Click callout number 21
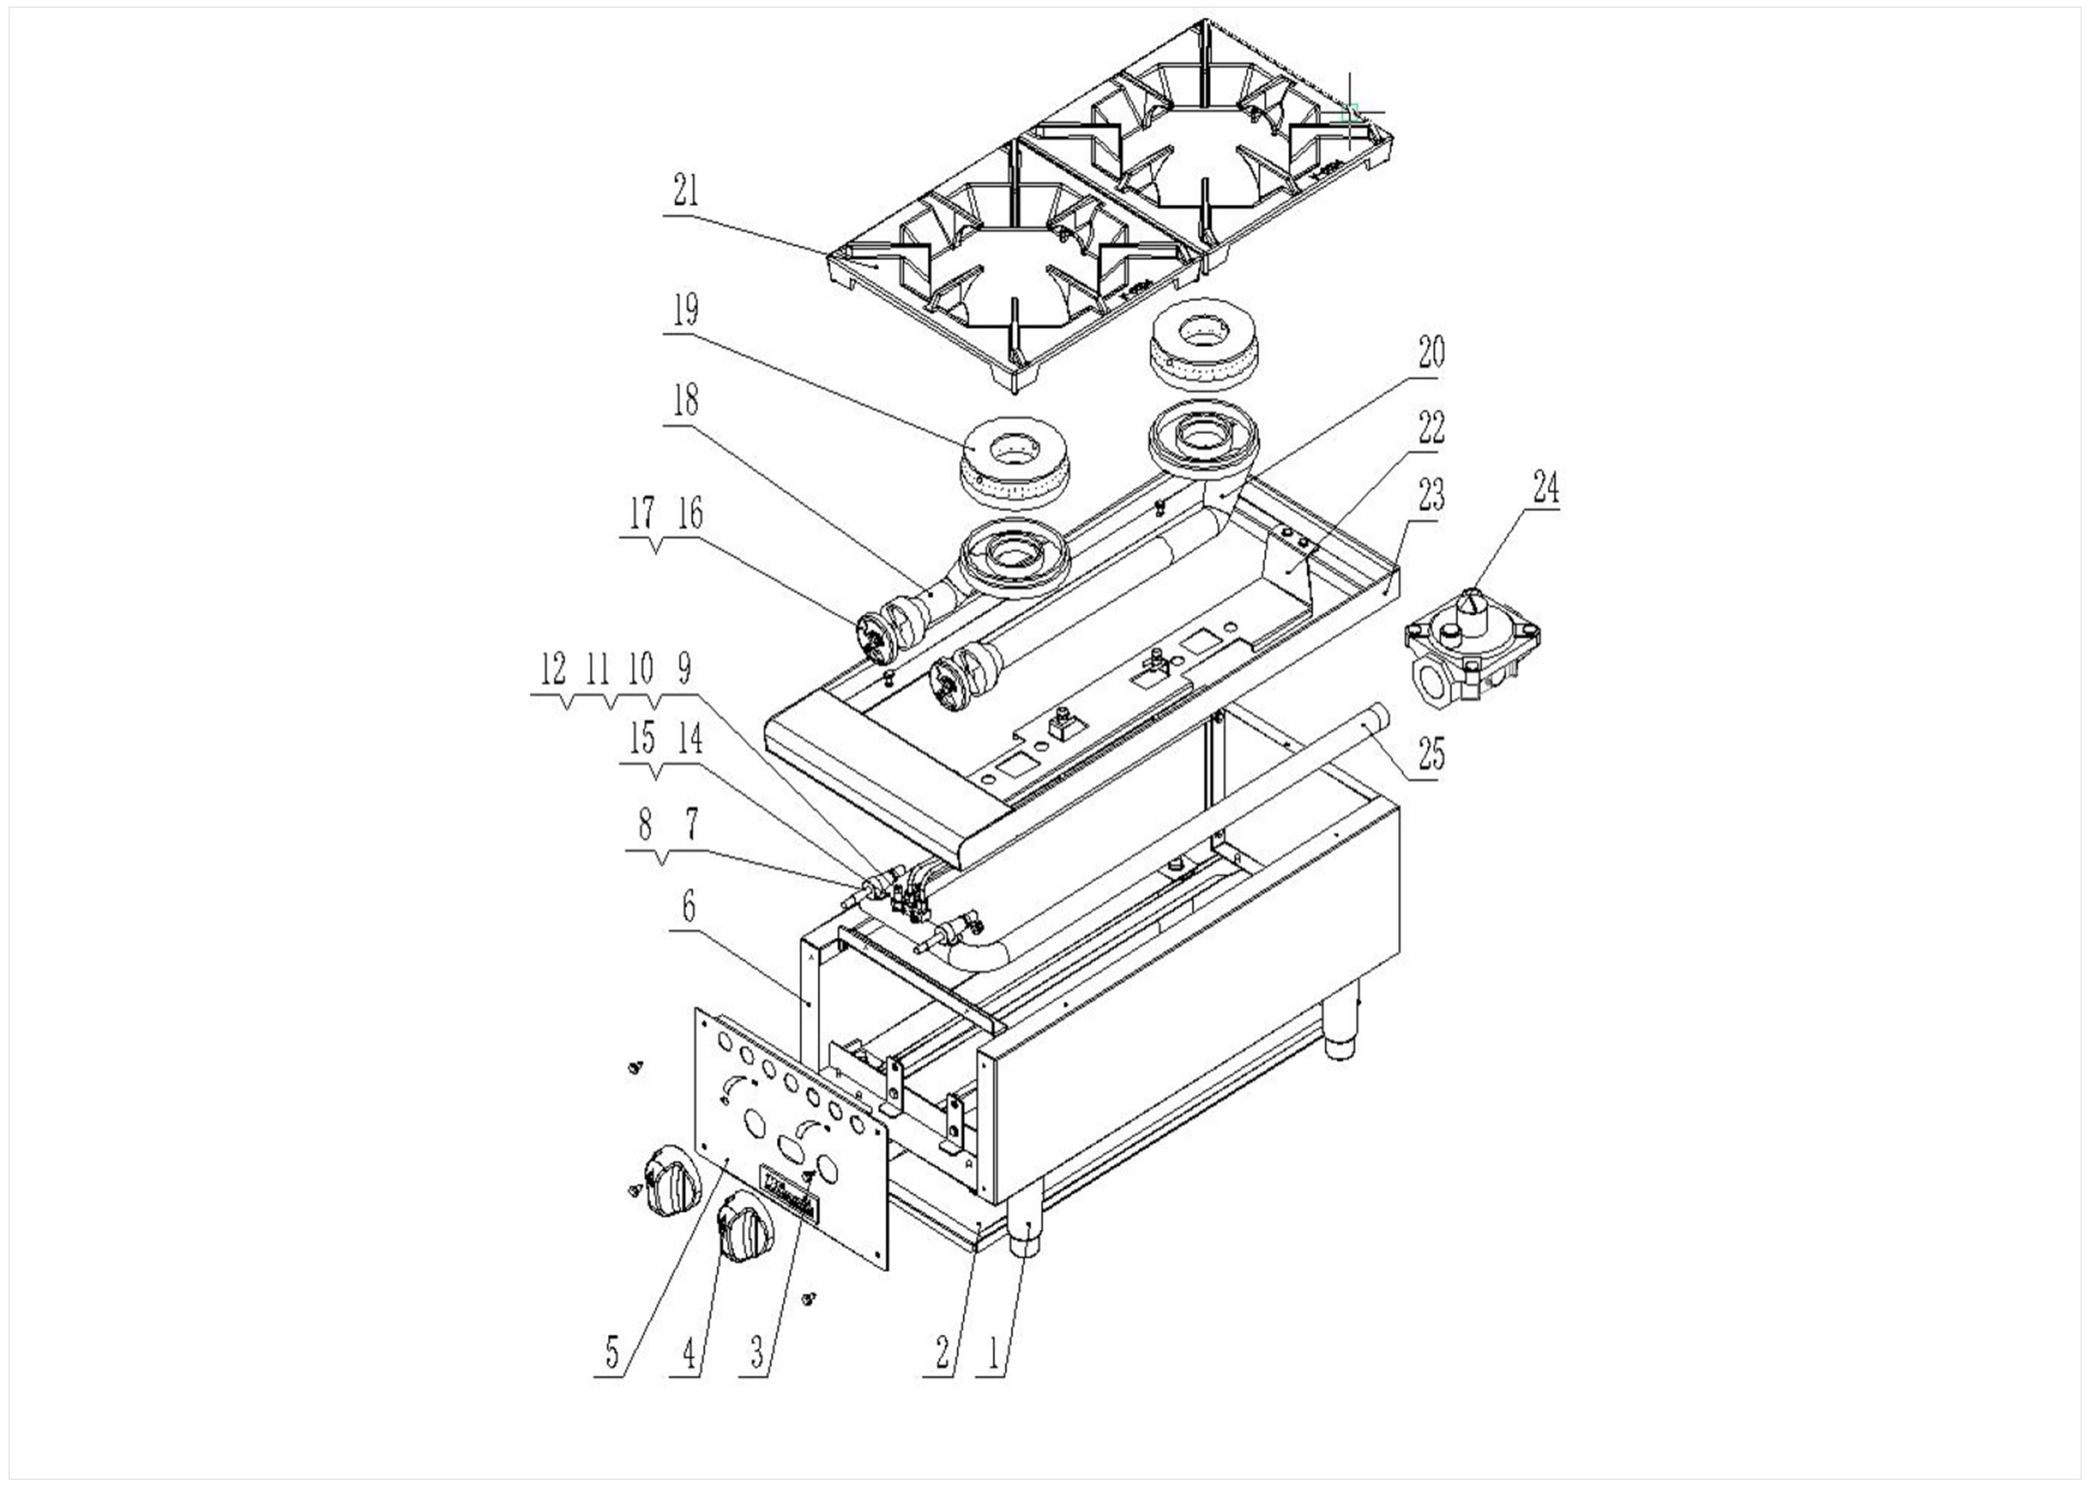pos(686,191)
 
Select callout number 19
pos(686,311)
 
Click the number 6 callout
pos(689,907)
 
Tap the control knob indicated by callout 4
pos(746,1228)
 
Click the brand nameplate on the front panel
pos(788,1192)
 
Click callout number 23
pos(1430,496)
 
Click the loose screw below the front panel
pos(809,1299)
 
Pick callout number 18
pos(686,400)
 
